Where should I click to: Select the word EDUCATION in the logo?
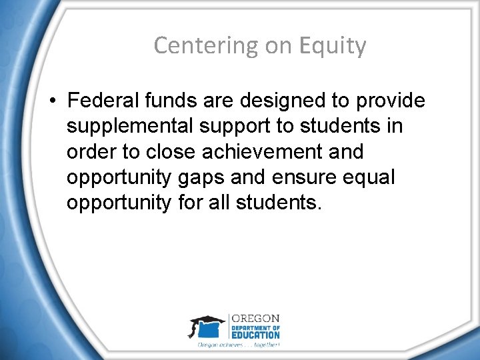(x=256, y=335)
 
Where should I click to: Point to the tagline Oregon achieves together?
(x=238, y=345)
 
